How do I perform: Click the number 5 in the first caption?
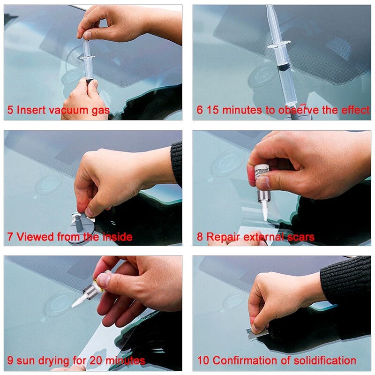point(10,111)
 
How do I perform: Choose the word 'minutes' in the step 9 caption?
point(126,361)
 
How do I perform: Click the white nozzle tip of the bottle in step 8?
point(264,213)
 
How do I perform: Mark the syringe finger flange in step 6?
point(278,45)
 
